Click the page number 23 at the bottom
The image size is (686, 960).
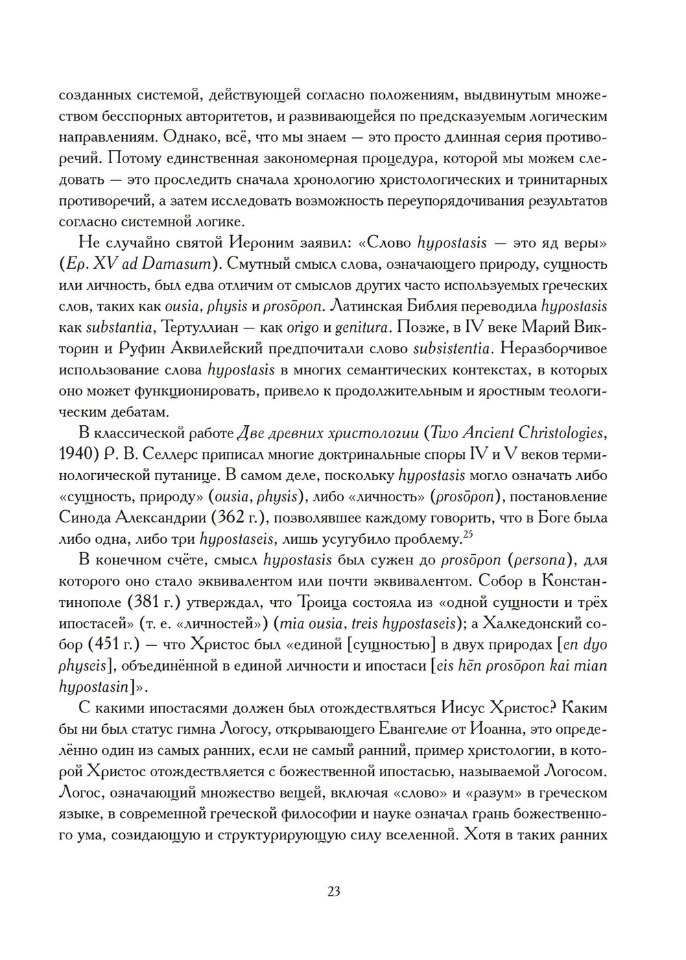pos(334,892)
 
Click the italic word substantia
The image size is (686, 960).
pos(117,328)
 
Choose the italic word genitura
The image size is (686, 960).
pos(372,328)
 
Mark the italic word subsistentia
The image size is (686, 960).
pos(451,349)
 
